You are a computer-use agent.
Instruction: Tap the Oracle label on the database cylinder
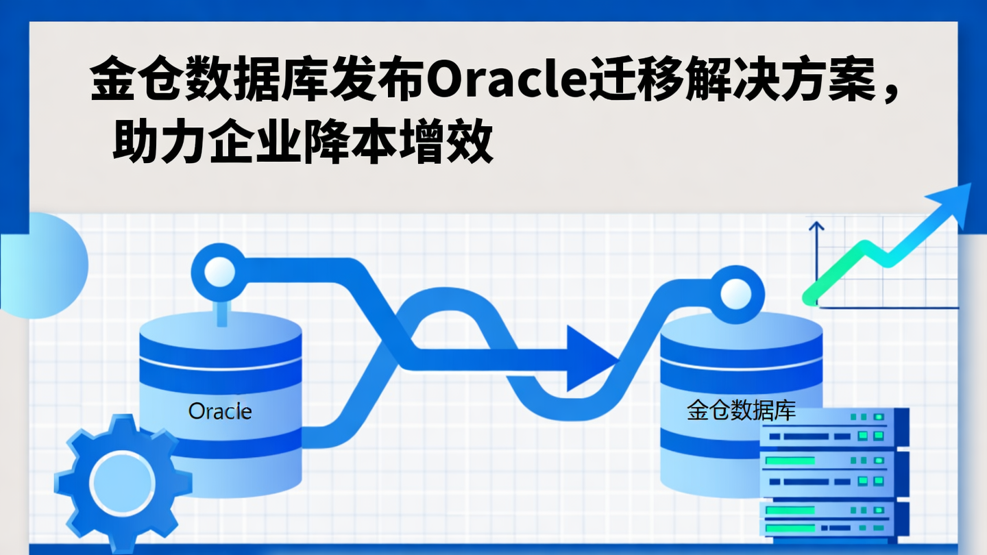click(220, 411)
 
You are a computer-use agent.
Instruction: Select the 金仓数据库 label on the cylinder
click(741, 410)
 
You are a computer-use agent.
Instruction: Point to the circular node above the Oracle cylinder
click(219, 272)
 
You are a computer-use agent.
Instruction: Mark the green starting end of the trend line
click(811, 298)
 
